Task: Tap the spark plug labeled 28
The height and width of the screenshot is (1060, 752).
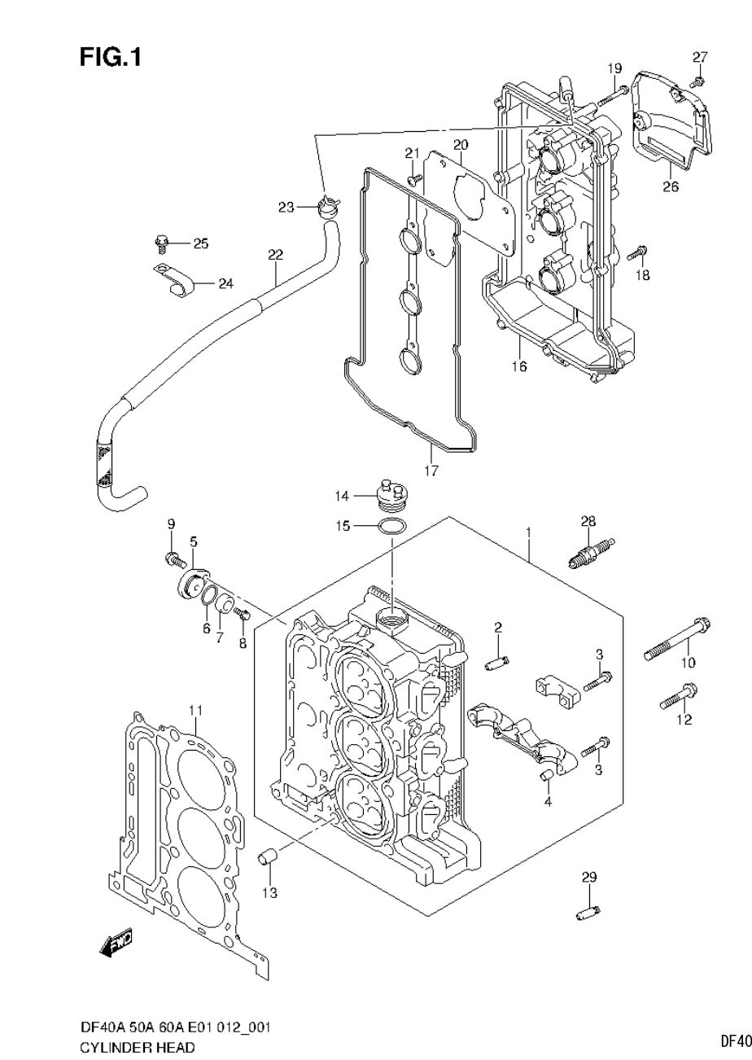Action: point(590,554)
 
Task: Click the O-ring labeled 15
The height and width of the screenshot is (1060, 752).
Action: point(392,527)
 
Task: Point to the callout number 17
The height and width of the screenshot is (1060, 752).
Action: point(431,471)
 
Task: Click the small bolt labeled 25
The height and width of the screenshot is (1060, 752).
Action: point(160,243)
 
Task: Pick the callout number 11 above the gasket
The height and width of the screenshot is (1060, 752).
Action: point(195,711)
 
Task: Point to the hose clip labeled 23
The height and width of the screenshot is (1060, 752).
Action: point(328,207)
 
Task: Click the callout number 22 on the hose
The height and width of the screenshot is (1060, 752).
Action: point(275,255)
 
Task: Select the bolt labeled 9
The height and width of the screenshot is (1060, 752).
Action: point(173,558)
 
